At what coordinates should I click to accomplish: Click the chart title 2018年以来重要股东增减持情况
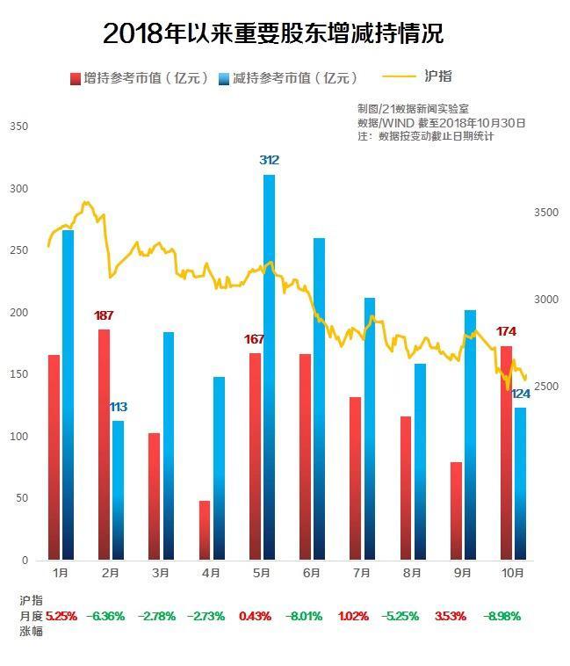273,34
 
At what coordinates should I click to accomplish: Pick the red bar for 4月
205,530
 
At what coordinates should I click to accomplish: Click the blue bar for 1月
68,395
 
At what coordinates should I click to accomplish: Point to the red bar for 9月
456,510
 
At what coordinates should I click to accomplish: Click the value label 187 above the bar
105,315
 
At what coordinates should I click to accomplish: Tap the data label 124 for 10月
520,395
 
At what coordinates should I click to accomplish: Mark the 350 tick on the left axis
19,127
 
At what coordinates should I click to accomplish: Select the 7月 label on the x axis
362,573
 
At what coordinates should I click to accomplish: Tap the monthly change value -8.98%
502,616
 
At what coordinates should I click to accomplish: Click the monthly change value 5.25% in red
61,616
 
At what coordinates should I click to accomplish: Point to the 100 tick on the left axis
19,437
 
